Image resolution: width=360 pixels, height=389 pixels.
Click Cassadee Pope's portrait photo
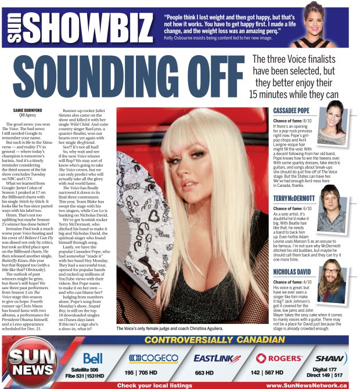(x=337, y=117)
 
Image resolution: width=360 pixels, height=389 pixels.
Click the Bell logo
(x=93, y=358)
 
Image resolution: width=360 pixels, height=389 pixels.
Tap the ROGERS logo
(x=276, y=358)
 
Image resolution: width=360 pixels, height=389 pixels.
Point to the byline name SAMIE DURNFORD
(x=27, y=110)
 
